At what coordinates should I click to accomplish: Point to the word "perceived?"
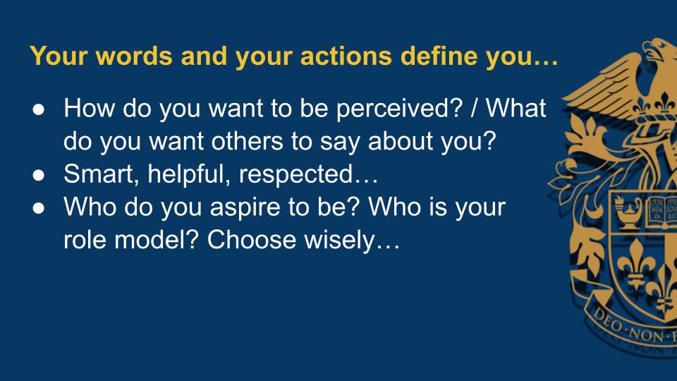(399, 109)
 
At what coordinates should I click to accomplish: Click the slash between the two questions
(475, 108)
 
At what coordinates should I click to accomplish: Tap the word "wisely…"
(352, 241)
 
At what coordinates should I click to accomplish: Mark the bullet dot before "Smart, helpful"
(38, 176)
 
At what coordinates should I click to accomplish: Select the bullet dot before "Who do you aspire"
(38, 208)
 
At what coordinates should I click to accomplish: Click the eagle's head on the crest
(659, 49)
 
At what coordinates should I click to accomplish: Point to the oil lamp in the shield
(628, 212)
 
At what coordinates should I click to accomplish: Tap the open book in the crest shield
(661, 212)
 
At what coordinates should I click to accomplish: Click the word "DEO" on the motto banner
(607, 319)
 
